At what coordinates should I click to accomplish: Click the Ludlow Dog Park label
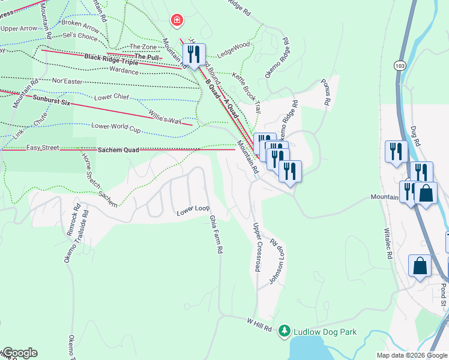(325, 332)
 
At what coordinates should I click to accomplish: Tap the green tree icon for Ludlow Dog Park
(285, 331)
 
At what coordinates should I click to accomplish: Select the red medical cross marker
(176, 21)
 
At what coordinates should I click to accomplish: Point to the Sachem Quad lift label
(118, 149)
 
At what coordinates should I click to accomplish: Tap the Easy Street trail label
(43, 147)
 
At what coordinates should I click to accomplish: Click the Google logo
(20, 353)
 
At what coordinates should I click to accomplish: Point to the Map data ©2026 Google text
(412, 355)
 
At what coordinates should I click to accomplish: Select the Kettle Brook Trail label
(247, 94)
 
